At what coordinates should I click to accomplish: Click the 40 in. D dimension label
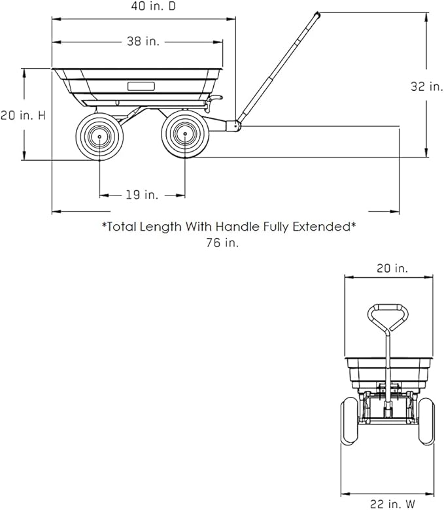(153, 6)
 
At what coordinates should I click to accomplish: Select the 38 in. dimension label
(143, 42)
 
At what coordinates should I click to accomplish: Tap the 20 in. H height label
(23, 115)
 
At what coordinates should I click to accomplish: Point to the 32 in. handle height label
(426, 86)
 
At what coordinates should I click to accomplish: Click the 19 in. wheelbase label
(142, 195)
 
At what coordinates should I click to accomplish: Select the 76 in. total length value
(222, 243)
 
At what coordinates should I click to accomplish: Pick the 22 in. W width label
(392, 504)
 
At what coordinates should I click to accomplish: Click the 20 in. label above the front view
(392, 268)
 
